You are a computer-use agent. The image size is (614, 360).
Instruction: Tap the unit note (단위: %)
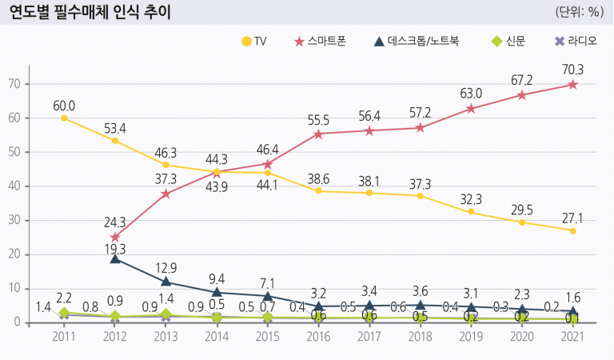pos(580,12)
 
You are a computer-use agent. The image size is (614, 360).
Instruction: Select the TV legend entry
pos(254,42)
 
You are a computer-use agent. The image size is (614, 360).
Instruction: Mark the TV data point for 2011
pos(64,118)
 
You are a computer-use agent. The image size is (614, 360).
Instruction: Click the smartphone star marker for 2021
pos(572,84)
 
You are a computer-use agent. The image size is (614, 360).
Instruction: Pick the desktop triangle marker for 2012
pos(115,258)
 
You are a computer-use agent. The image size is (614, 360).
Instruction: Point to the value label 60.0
pos(64,106)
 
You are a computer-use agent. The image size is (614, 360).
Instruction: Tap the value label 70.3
pos(572,70)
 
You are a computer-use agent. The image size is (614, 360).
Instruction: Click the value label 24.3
pos(115,222)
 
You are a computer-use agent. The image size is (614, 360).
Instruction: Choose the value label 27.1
pos(572,217)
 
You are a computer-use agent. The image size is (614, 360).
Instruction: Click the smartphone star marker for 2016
pos(319,134)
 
